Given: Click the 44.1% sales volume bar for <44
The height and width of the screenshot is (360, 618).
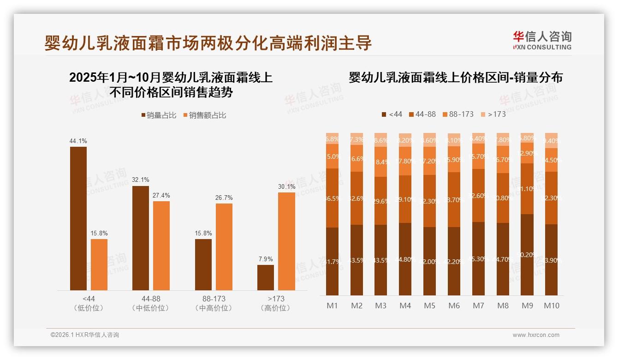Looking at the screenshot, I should tap(78, 219).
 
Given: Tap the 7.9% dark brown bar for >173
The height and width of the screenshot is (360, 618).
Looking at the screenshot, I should tap(266, 277).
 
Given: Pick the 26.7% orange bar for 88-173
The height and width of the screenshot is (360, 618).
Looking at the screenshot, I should tap(224, 246).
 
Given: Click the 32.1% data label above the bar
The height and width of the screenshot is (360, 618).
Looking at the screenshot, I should tap(141, 180).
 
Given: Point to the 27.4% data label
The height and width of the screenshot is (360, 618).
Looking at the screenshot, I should tap(161, 195).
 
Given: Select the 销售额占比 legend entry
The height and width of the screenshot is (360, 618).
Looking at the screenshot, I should tap(204, 115).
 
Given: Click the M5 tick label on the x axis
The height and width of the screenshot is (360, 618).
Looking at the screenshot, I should tap(429, 306).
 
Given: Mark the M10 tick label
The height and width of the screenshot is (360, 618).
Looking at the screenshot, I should tap(551, 306).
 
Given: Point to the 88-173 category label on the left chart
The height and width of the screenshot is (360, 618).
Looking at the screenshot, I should tap(214, 299).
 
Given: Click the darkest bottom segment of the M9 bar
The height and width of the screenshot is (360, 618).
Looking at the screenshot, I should tap(527, 255).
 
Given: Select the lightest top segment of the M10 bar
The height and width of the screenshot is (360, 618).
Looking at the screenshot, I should tap(551, 140).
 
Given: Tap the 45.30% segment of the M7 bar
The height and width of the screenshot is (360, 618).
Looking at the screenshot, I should tap(478, 258).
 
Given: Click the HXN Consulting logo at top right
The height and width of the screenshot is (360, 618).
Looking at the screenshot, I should tap(542, 41).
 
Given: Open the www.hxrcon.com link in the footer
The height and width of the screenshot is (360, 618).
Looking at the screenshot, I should tap(536, 335).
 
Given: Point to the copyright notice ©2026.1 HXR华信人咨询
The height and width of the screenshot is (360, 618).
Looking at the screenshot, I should tap(84, 335).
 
